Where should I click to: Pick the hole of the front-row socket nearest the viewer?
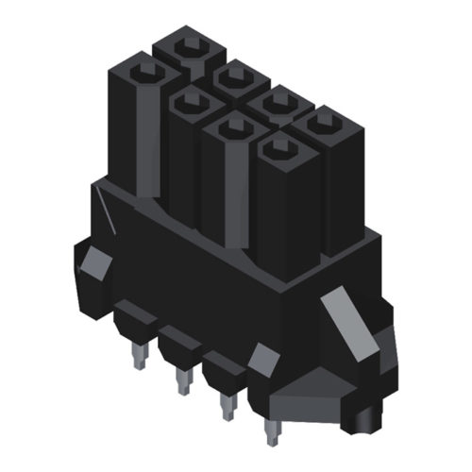coord(278,145)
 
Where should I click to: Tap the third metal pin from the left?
coord(227,406)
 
